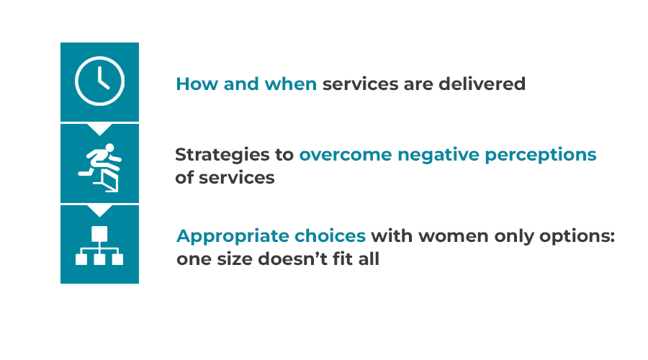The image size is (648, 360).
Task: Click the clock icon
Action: pos(99,81)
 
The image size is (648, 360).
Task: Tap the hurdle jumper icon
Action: pos(99,167)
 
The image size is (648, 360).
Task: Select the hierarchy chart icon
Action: pos(99,246)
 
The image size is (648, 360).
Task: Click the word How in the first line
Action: pos(197,84)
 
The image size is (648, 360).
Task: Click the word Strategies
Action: pos(222,156)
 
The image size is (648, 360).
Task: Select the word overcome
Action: pos(346,155)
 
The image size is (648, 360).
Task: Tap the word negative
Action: pos(438,155)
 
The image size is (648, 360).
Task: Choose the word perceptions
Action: pos(541,156)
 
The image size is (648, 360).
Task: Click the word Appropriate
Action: pos(233,237)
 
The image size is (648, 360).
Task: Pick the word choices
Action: pos(330,236)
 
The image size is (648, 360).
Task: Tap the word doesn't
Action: pos(287,260)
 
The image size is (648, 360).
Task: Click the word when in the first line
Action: pos(291,84)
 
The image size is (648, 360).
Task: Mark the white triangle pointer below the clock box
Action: pos(99,129)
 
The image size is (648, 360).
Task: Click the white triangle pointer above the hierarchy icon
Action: pos(99,210)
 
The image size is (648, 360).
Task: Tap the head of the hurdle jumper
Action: pos(109,148)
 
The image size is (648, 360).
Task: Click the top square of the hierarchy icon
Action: pos(99,233)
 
